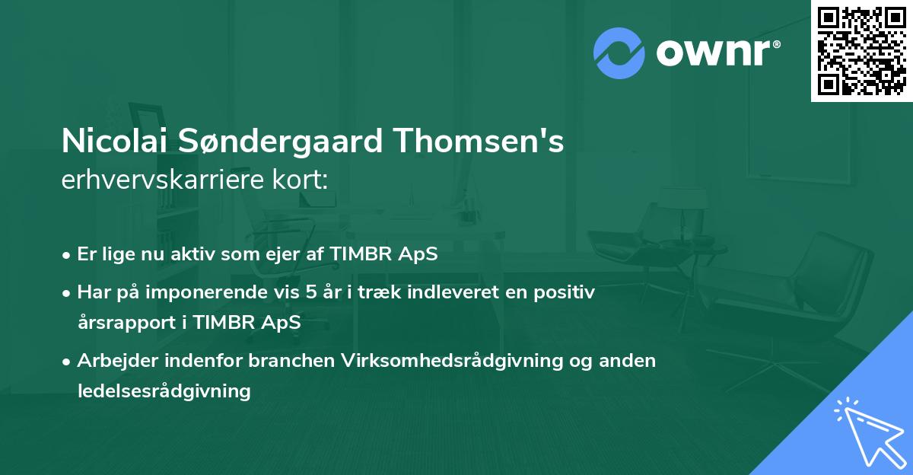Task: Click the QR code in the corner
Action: tap(861, 50)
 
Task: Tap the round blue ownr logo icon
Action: tap(620, 53)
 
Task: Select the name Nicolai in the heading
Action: tap(115, 142)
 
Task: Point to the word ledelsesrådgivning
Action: tap(164, 391)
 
